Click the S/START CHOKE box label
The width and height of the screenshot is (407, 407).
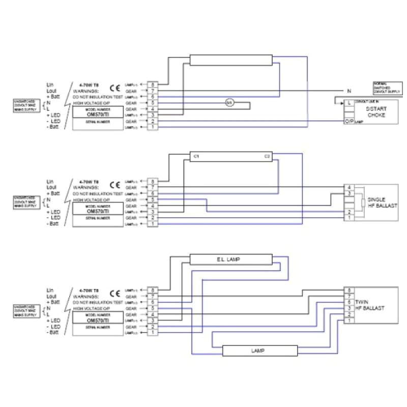pyautogui.click(x=375, y=112)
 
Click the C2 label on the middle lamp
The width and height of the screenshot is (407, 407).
pyautogui.click(x=267, y=156)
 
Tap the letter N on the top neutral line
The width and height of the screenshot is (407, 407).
pyautogui.click(x=349, y=91)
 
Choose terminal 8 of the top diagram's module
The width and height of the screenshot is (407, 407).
pyautogui.click(x=152, y=84)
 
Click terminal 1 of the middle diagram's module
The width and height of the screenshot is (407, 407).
pyautogui.click(x=152, y=224)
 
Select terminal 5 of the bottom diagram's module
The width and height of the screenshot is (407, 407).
pyautogui.click(x=152, y=308)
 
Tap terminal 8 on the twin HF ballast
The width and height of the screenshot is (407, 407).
pyautogui.click(x=350, y=290)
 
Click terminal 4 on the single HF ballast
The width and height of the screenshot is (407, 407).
pyautogui.click(x=350, y=188)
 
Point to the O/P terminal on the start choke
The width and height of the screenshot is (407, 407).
pyautogui.click(x=350, y=121)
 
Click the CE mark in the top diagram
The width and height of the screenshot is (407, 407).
pyautogui.click(x=115, y=87)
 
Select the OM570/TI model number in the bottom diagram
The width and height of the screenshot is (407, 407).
pyautogui.click(x=98, y=321)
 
